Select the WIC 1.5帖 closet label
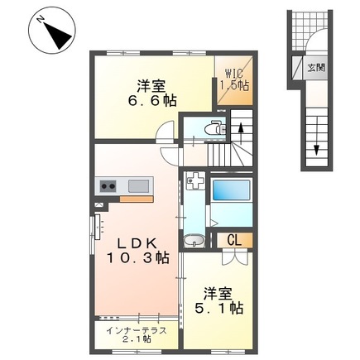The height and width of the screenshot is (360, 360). pos(233,79)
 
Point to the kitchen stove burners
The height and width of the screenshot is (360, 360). pos(108,185)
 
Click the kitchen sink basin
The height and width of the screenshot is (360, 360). pos(136,185)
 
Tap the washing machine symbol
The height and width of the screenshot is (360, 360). pos(195,181)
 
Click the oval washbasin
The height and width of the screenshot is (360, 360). pos(195,241)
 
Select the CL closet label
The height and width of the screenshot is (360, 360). pos(234,240)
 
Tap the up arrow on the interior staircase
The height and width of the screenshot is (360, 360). pos(240,129)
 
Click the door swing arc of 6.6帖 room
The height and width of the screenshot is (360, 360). pos(167,132)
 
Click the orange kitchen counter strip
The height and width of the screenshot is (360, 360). pos(136,199)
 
